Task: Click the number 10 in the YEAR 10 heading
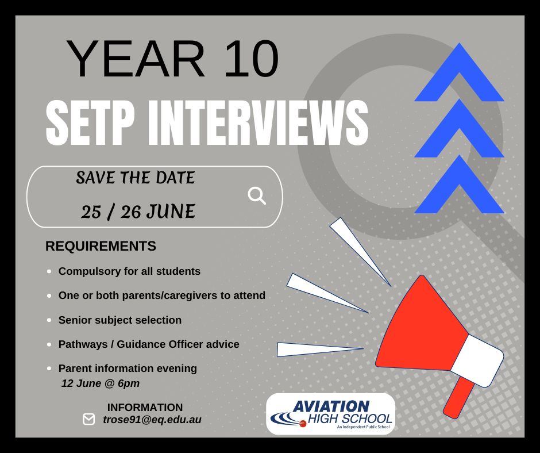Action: point(251,59)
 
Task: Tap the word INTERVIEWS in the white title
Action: point(258,122)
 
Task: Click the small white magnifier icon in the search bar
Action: point(257,196)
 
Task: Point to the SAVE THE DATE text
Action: point(136,178)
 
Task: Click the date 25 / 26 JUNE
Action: point(138,212)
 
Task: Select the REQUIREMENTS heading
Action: point(101,246)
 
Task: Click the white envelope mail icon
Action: point(88,419)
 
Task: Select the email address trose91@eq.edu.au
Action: point(152,420)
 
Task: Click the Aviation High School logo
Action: point(331,414)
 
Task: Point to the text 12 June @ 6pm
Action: point(101,383)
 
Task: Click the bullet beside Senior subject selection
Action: point(49,320)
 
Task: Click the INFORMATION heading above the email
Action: point(145,407)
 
